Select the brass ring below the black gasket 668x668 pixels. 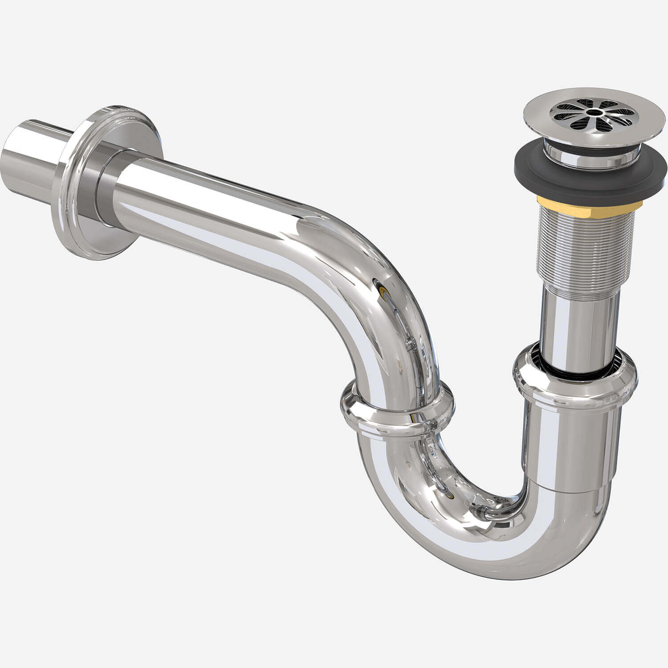590,203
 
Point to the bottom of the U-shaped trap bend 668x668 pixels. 490,552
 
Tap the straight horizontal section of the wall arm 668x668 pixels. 214,205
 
